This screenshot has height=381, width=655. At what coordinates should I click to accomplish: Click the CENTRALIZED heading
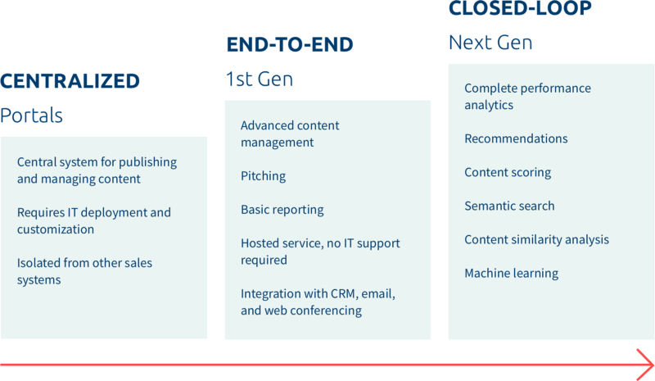70,81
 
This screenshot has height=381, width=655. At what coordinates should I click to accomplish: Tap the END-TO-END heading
289,45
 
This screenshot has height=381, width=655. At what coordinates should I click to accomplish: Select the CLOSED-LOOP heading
520,9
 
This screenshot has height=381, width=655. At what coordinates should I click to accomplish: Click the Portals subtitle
31,116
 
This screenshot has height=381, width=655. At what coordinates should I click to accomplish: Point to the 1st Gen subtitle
259,79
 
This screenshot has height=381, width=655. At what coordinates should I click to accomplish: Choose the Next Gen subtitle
490,43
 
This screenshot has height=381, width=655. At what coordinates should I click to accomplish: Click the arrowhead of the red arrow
645,361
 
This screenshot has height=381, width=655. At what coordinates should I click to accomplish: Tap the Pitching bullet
263,176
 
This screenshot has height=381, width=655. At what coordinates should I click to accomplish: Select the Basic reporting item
282,210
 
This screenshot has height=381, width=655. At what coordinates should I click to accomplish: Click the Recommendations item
516,139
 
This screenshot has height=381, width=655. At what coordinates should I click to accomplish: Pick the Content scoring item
508,173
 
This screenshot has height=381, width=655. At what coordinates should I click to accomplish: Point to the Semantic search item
509,206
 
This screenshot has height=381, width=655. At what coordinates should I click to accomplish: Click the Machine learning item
511,274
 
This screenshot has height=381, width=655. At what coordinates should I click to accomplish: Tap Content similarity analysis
536,240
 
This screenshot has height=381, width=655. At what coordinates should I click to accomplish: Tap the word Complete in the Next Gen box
490,88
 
